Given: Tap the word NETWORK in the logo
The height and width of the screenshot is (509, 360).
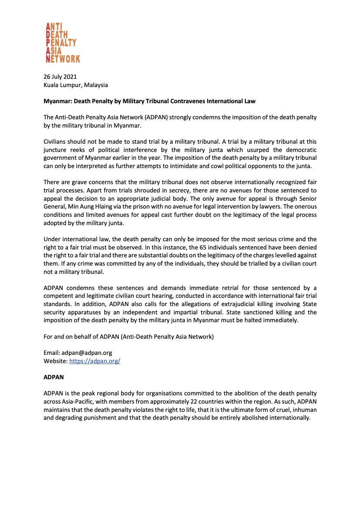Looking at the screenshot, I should (x=63, y=58).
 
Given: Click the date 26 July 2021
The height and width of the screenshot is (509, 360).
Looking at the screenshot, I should (x=60, y=77).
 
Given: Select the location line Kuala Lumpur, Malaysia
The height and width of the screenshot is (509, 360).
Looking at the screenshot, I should (x=75, y=85).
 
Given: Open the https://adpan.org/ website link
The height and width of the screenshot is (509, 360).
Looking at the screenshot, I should (x=95, y=361).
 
